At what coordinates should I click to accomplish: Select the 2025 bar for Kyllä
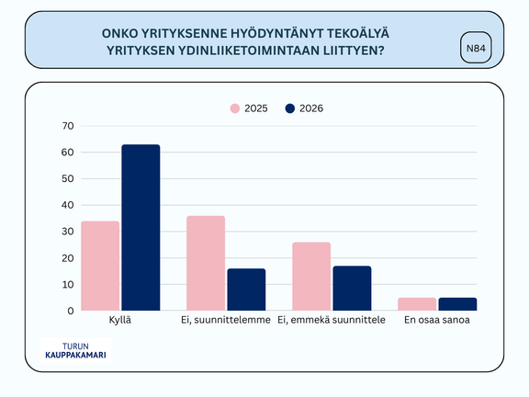(x=100, y=267)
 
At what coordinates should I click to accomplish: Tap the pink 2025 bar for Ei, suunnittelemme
(x=206, y=264)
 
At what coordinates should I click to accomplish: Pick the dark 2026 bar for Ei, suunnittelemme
(x=246, y=289)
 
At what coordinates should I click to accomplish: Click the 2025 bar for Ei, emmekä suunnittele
(x=311, y=277)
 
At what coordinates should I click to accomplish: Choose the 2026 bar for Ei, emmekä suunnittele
(x=352, y=289)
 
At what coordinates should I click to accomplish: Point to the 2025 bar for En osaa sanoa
(x=417, y=304)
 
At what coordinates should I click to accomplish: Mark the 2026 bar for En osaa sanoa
(x=457, y=304)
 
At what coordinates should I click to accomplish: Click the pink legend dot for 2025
(x=235, y=108)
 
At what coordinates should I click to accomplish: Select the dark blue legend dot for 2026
(x=289, y=108)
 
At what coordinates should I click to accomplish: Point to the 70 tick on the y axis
(x=68, y=126)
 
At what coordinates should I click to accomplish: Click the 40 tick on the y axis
(x=68, y=205)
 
